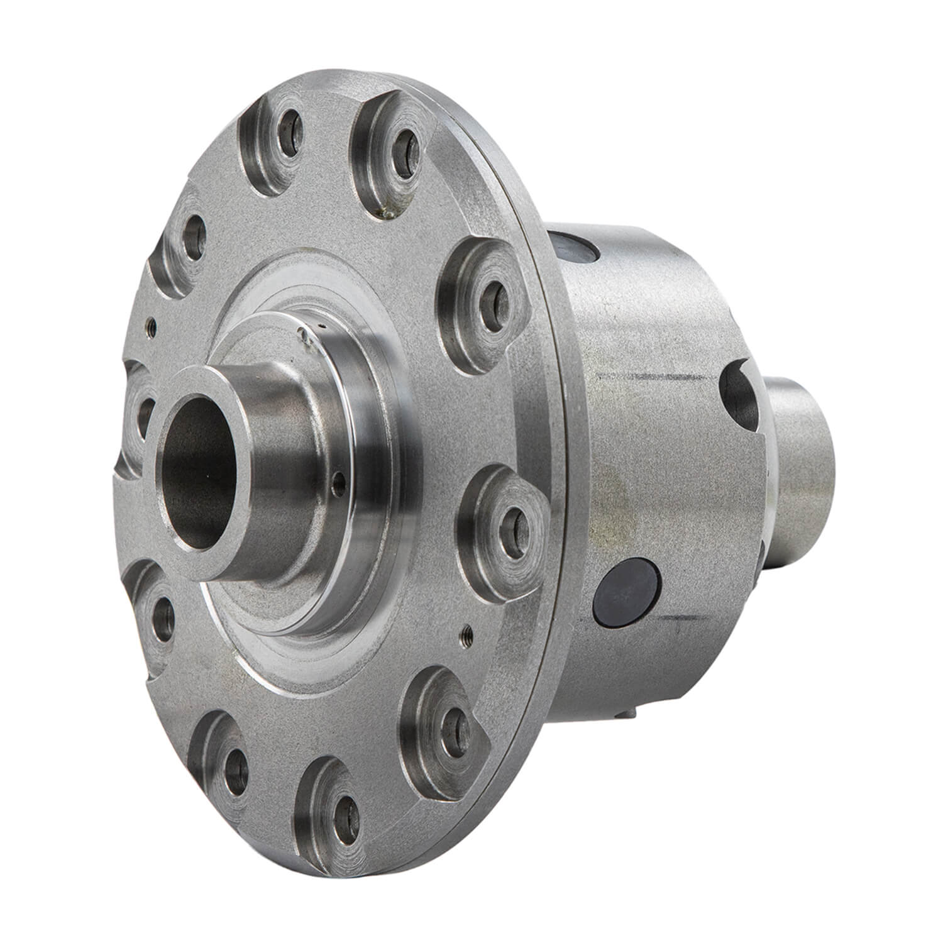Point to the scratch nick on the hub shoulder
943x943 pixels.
pyautogui.click(x=304, y=336)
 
